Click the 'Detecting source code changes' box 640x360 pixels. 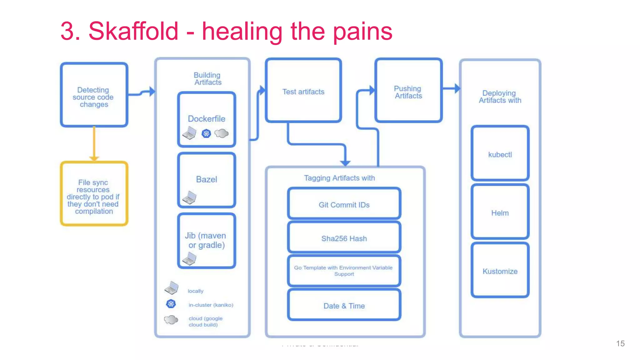tap(94, 95)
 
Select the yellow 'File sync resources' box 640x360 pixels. tap(94, 194)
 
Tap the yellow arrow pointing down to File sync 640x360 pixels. tap(94, 144)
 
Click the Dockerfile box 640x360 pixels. tap(206, 119)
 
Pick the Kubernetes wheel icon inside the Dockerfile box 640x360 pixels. tap(206, 134)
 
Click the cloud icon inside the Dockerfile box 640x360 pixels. tap(222, 133)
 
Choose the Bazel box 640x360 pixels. tap(206, 180)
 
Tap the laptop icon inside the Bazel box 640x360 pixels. tap(189, 197)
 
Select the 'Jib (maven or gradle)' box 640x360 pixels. tap(206, 240)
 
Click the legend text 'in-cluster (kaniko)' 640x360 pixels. tap(211, 305)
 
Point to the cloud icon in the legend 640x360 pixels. tap(171, 320)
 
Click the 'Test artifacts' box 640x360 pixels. tap(303, 91)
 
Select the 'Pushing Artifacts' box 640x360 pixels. tap(408, 91)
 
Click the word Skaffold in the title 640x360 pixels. tap(133, 31)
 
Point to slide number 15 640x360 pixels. tap(620, 343)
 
